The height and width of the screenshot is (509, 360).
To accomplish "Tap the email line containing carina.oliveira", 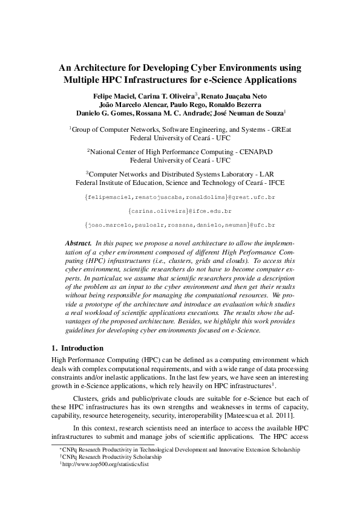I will tap(180, 211).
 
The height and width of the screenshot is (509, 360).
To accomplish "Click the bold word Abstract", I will tap(77, 242).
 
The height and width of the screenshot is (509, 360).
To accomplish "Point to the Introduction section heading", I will tap(82, 348).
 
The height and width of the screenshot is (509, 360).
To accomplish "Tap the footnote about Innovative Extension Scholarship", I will tap(179, 450).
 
